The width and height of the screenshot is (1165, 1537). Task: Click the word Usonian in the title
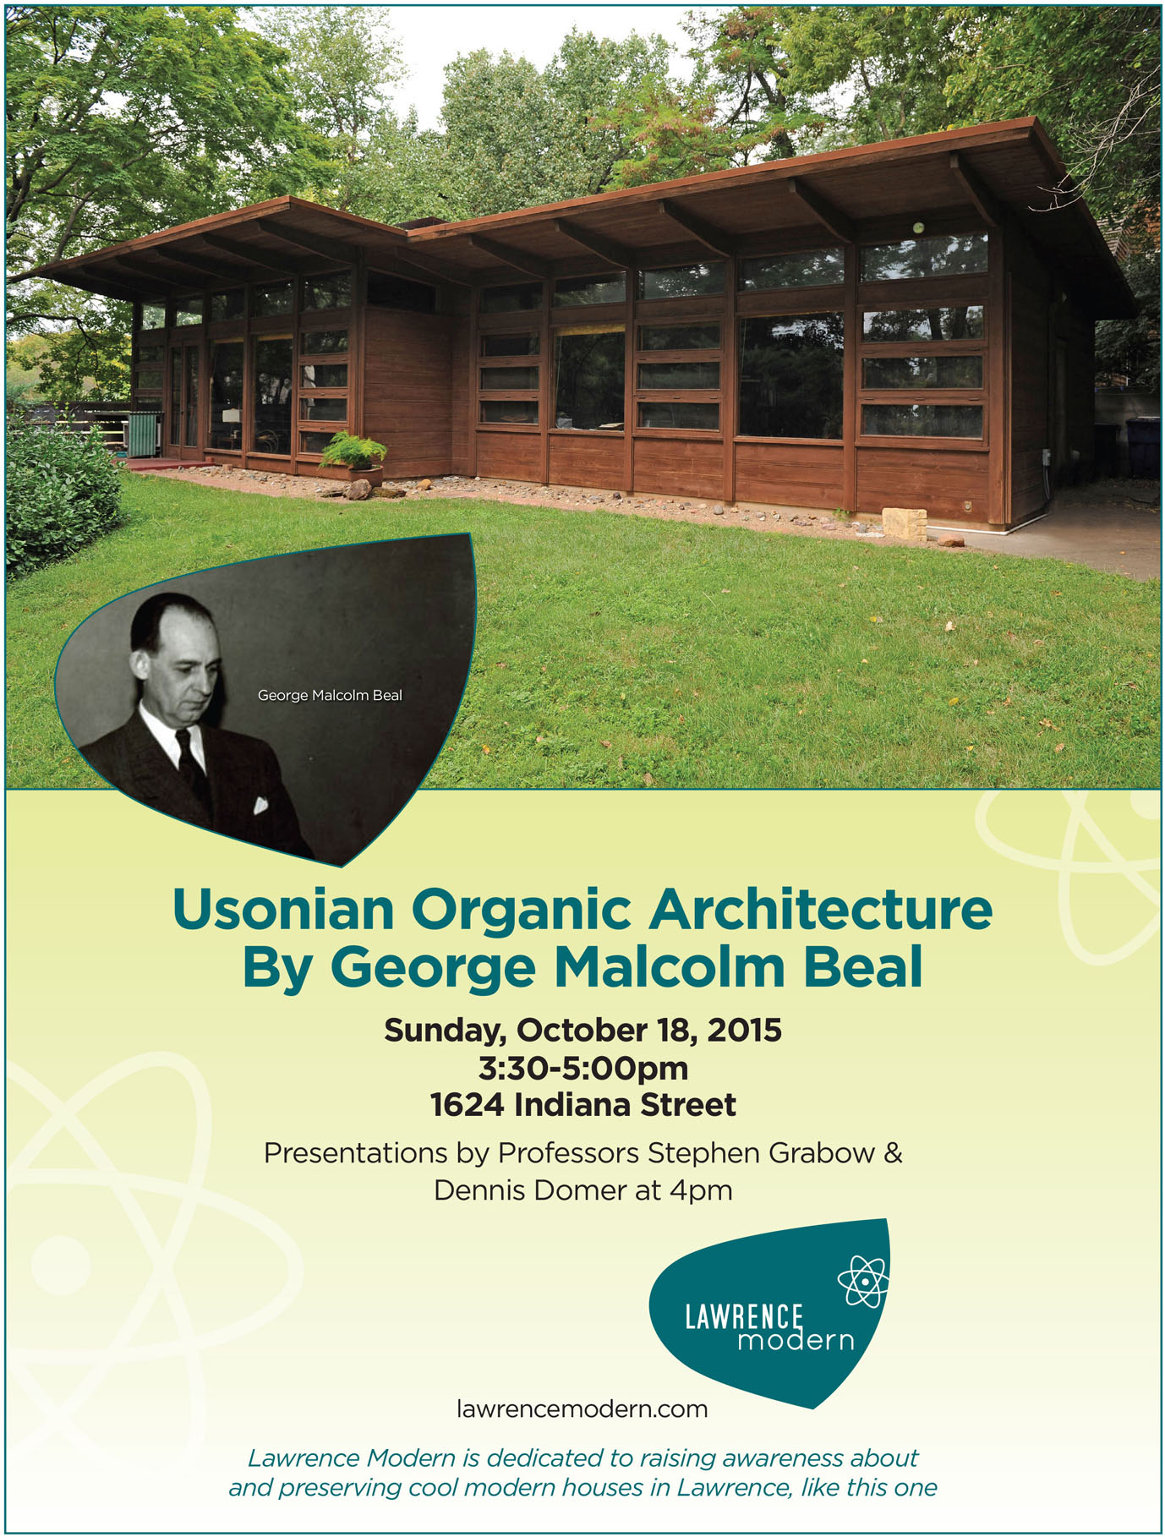(283, 910)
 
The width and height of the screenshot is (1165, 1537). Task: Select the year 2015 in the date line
(744, 1030)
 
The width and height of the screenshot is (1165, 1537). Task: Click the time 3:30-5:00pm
(583, 1069)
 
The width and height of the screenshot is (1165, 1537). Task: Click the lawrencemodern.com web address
(582, 1409)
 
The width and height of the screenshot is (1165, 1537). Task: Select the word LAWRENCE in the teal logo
(744, 1317)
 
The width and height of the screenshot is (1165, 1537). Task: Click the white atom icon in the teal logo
(863, 1282)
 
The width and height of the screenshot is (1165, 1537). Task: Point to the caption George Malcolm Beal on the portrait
(330, 696)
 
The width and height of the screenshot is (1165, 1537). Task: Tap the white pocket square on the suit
(260, 805)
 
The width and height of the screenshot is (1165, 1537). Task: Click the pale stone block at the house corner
(904, 522)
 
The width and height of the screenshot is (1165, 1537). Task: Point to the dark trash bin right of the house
(1143, 448)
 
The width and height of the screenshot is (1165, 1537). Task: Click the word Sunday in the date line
(445, 1031)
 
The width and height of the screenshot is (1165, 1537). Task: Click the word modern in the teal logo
(796, 1341)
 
